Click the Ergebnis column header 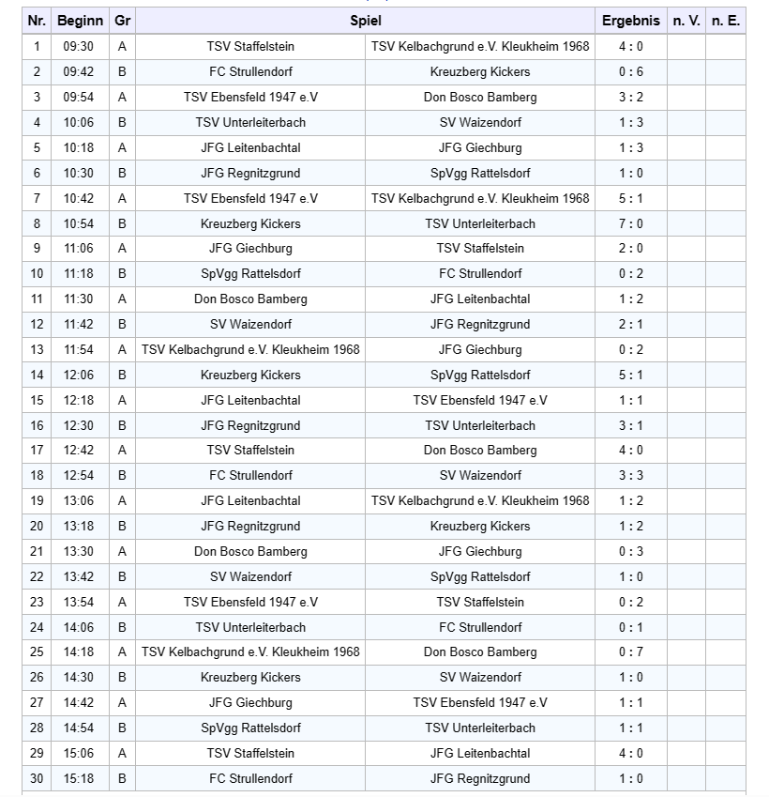tap(630, 21)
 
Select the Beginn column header tap(80, 21)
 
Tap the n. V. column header tap(686, 21)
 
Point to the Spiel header tap(366, 21)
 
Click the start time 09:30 tap(78, 46)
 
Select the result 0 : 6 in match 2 tap(630, 71)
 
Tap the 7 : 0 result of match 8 tap(630, 223)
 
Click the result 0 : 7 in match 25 tap(630, 652)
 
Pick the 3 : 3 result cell tap(630, 476)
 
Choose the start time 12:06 tap(78, 375)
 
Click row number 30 tap(37, 778)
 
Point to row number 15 tap(37, 400)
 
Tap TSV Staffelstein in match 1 tap(250, 46)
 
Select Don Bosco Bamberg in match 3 tap(480, 97)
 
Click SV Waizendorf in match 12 tap(250, 324)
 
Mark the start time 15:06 tap(78, 753)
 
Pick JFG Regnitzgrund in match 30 tap(480, 778)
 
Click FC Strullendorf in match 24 tap(480, 627)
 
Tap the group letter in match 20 tap(122, 526)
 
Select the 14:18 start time tap(78, 652)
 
